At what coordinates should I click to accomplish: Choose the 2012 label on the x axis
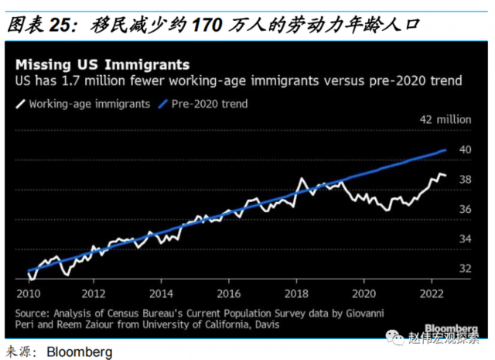click(94, 294)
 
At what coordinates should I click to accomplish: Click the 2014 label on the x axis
click(162, 294)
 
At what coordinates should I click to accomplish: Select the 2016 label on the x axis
click(229, 294)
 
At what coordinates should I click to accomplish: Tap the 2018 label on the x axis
click(296, 294)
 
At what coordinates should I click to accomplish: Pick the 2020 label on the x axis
click(364, 294)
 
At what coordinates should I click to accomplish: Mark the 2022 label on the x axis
click(431, 294)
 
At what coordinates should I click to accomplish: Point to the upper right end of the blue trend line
click(445, 150)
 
